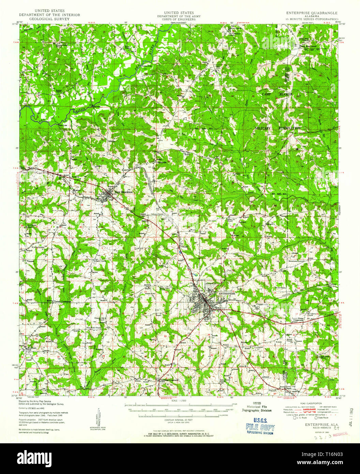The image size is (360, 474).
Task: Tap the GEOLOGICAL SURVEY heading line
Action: (49, 19)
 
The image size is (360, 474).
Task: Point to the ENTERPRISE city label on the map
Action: (227, 293)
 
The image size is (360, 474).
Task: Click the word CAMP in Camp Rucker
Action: (268, 93)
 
